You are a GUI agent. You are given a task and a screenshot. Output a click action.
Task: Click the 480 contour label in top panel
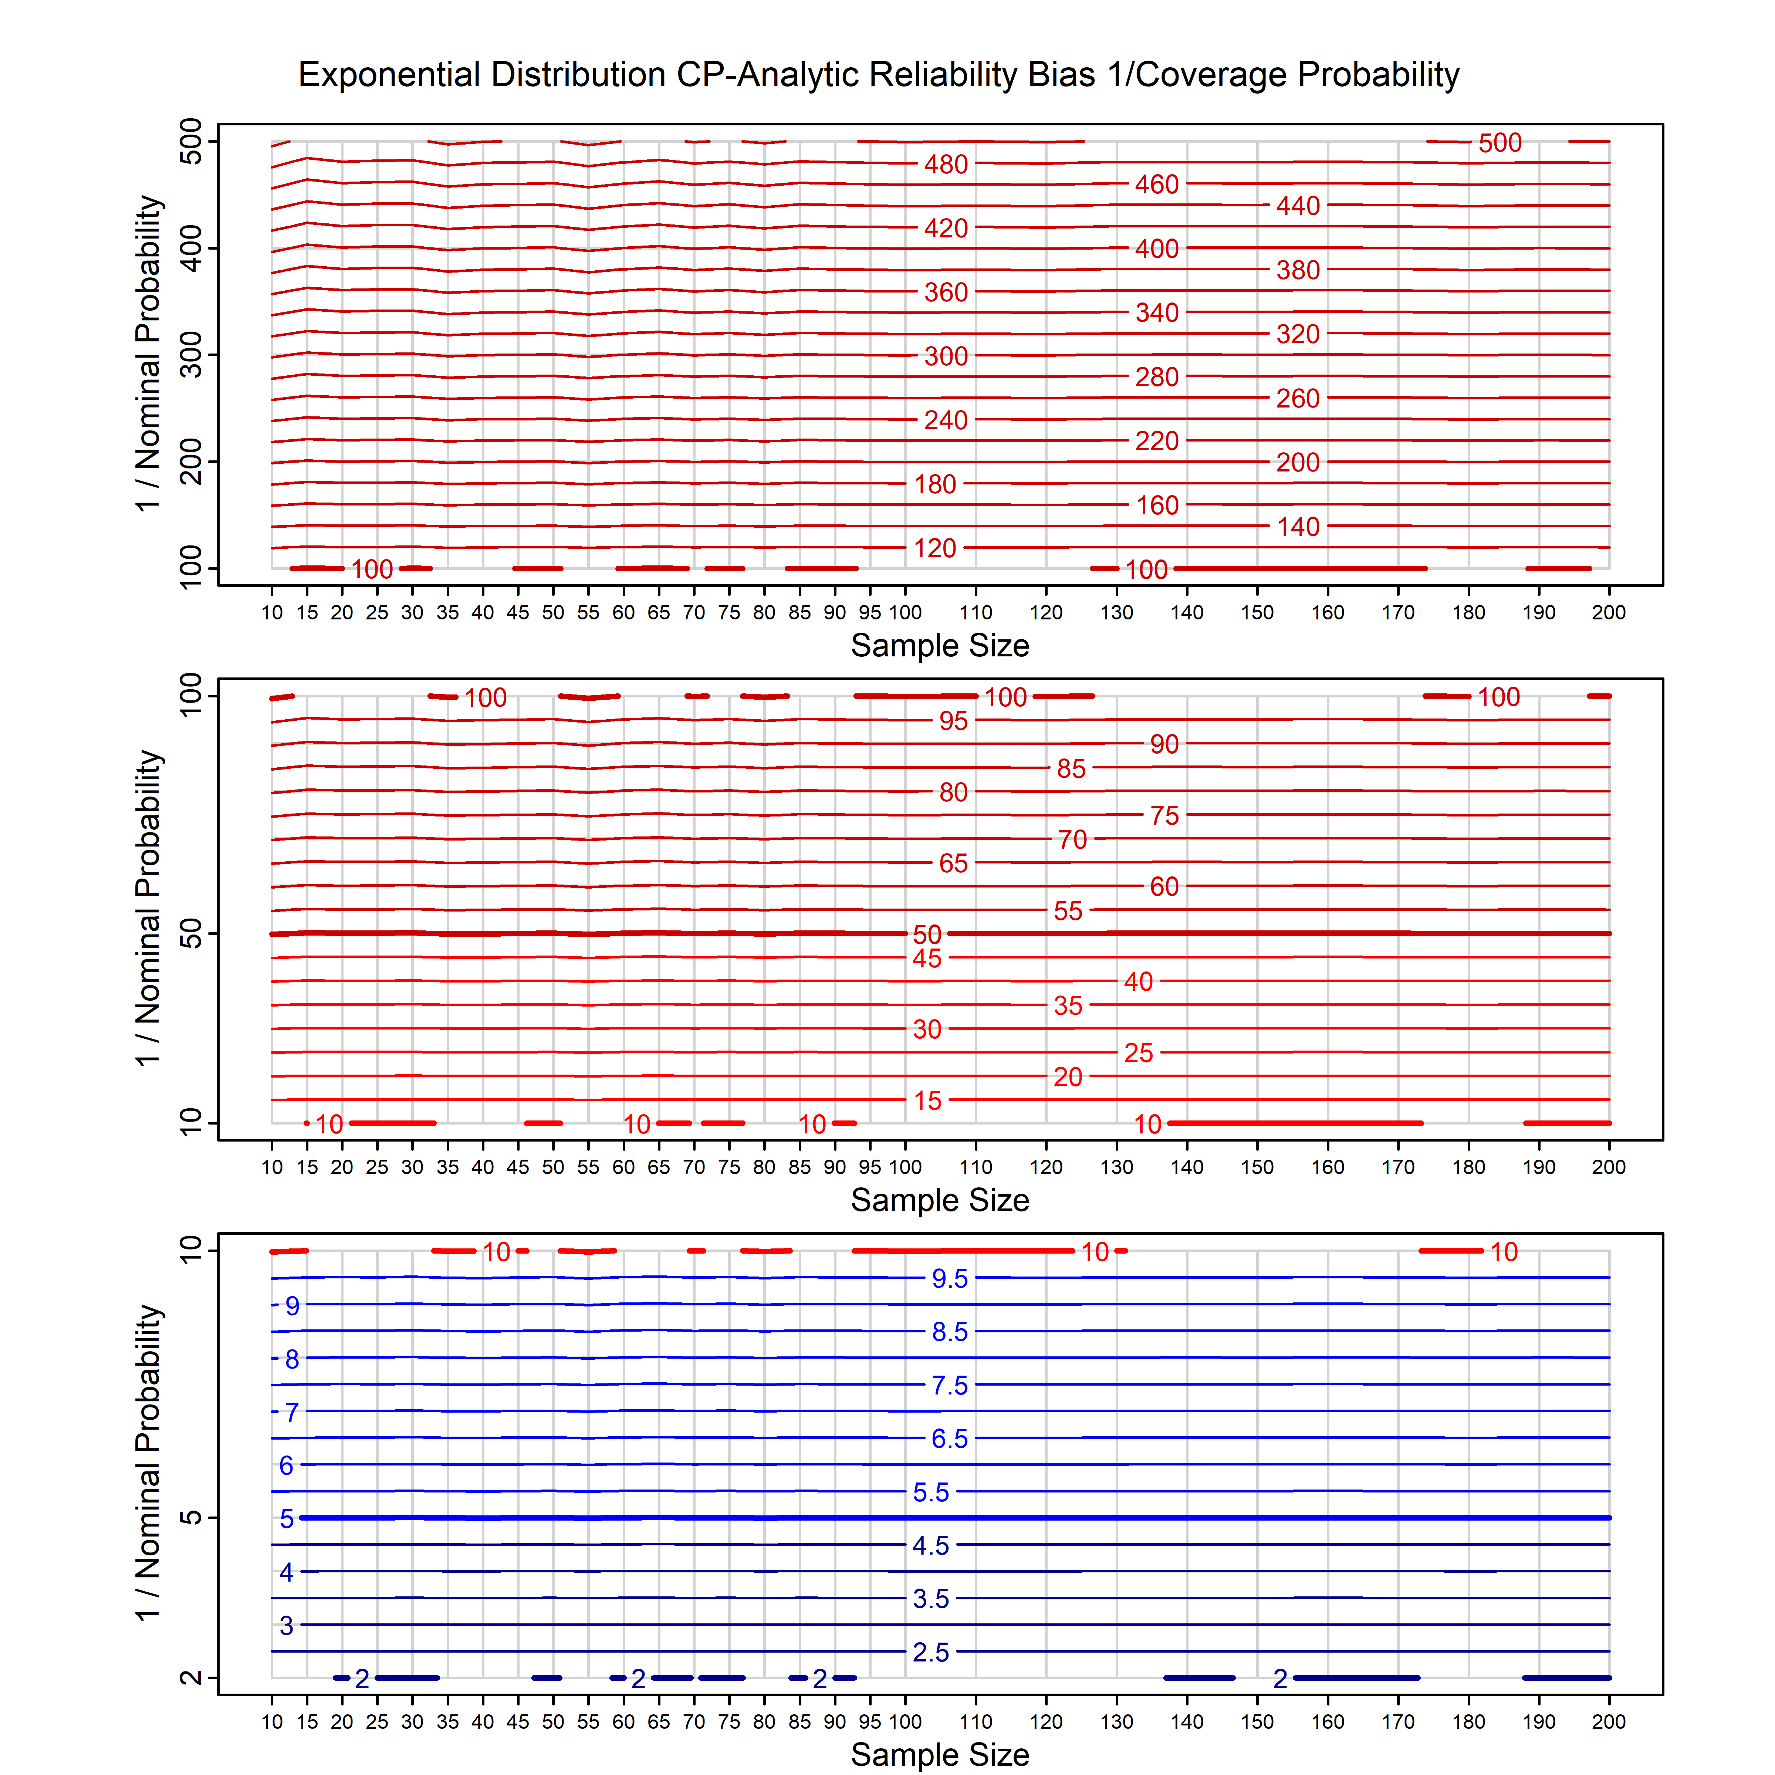point(946,165)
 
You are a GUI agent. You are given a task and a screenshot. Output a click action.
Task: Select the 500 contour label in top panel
point(1500,143)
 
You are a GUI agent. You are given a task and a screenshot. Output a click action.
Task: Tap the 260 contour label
point(1297,399)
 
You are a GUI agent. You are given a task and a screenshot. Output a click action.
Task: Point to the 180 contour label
point(935,484)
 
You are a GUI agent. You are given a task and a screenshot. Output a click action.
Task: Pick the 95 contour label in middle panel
point(953,721)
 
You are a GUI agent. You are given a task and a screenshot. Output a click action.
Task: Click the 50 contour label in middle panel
point(927,934)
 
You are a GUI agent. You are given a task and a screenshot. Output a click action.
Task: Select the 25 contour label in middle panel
point(1138,1053)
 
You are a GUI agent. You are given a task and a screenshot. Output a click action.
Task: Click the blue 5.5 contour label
point(931,1492)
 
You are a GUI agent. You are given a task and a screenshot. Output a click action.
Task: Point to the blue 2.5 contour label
point(931,1652)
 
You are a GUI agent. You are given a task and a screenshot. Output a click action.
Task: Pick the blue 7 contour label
point(291,1412)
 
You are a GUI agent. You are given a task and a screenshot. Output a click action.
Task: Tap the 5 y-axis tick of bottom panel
point(191,1518)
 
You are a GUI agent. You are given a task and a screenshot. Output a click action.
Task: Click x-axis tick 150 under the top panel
point(1257,613)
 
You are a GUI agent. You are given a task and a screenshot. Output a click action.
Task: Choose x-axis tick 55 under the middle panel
point(588,1168)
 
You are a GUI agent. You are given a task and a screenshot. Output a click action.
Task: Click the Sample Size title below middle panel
point(940,1200)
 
